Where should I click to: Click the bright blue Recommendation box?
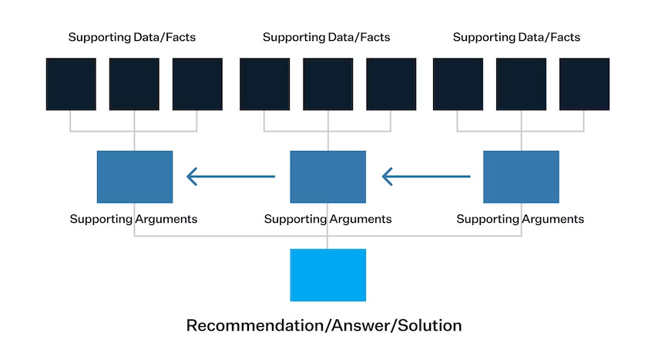point(328,275)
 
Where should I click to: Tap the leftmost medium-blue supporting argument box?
point(135,177)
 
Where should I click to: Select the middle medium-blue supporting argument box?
point(328,177)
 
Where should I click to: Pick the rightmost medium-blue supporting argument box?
point(521,177)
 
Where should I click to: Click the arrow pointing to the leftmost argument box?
point(230,177)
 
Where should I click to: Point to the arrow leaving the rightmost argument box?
point(426,177)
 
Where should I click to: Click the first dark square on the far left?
point(71,84)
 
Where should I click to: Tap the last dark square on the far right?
point(584,84)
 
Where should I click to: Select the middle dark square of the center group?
point(328,84)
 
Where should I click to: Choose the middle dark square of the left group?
point(134,84)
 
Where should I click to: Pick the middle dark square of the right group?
point(521,84)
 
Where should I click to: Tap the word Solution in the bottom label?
point(429,325)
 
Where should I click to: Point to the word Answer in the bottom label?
point(361,326)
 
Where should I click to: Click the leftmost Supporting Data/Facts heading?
point(132,37)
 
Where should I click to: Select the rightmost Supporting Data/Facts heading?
point(516,37)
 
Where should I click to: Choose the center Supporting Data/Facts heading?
point(326,37)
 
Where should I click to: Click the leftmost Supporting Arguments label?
point(133,219)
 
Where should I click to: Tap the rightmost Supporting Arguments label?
point(520,219)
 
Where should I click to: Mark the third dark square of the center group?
point(391,84)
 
